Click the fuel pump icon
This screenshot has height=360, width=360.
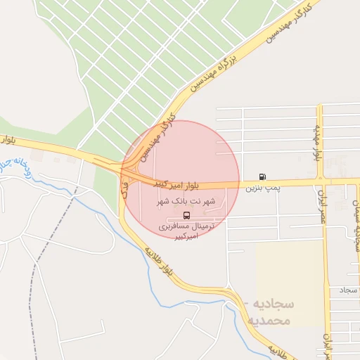click(262, 176)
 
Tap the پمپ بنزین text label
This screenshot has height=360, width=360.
click(263, 188)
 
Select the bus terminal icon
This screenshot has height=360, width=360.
click(186, 215)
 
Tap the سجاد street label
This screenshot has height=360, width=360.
click(347, 290)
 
